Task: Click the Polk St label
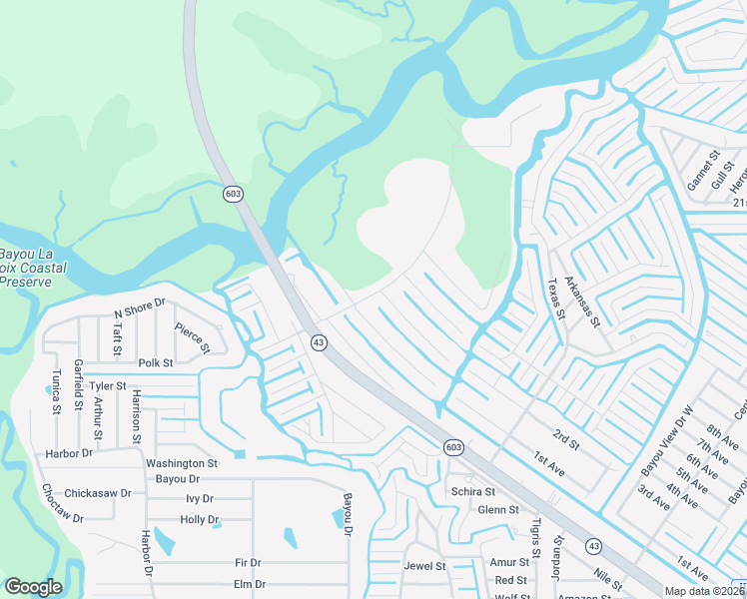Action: pyautogui.click(x=156, y=363)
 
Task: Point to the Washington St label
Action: pyautogui.click(x=182, y=463)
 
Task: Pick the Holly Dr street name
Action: pyautogui.click(x=200, y=519)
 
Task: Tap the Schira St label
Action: pyautogui.click(x=472, y=491)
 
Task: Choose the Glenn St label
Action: pyautogui.click(x=498, y=509)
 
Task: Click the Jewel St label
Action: pyautogui.click(x=424, y=565)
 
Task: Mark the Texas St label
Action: pyautogui.click(x=556, y=298)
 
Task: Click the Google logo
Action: pyautogui.click(x=32, y=587)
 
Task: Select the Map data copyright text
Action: pyautogui.click(x=705, y=591)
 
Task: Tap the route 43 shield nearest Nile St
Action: pyautogui.click(x=594, y=545)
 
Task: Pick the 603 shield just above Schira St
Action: pyautogui.click(x=452, y=447)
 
